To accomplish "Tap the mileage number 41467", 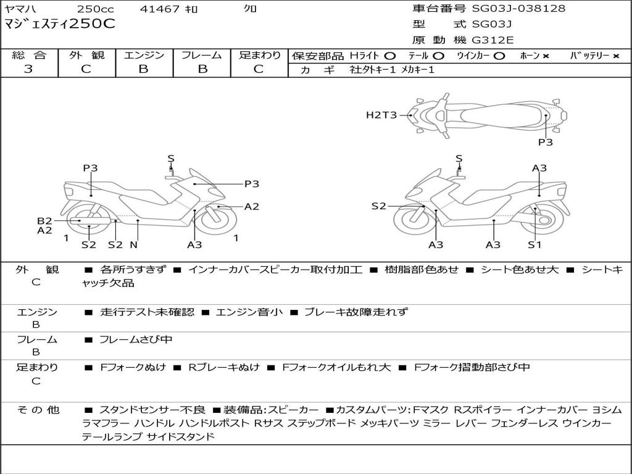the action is coord(160,9).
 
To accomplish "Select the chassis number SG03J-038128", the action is coord(518,8).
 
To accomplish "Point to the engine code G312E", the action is coord(493,40).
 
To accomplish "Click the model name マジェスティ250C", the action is coord(60,25).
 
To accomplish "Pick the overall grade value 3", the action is coord(28,69).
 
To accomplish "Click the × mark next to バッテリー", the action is coord(615,56).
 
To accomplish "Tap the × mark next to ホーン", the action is coord(546,56).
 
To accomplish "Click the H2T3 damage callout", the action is coord(381,114).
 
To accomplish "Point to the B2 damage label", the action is coord(44,220).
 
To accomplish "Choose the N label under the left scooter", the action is coord(134,244).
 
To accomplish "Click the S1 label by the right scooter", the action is coord(534,244).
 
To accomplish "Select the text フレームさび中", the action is coord(136,339).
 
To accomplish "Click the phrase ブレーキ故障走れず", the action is coord(356,312).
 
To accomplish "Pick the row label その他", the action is coord(38,410).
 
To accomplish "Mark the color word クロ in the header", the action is coord(250,9).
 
